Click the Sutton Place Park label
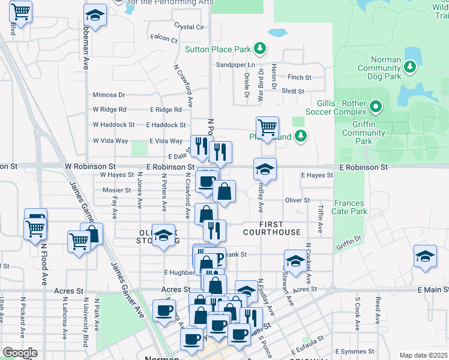pos(218,49)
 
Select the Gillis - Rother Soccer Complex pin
pos(376,107)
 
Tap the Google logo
pos(20,353)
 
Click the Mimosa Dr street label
pos(109,95)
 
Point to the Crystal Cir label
pos(189,27)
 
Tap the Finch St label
pos(300,77)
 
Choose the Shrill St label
pos(293,91)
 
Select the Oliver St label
pos(297,200)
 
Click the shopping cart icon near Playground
pos(267,127)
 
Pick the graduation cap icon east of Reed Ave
pos(425,256)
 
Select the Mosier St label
pos(116,190)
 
